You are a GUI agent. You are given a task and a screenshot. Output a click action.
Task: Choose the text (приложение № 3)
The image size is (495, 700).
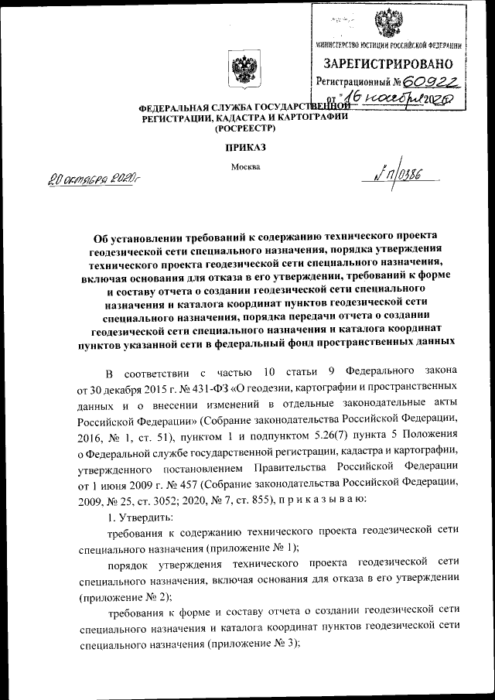[250, 647]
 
